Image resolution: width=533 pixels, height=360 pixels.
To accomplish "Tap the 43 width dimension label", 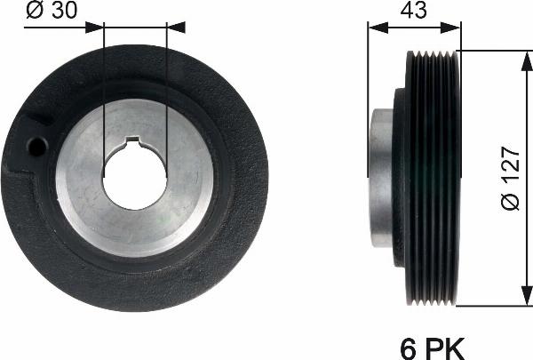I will (413, 11).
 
